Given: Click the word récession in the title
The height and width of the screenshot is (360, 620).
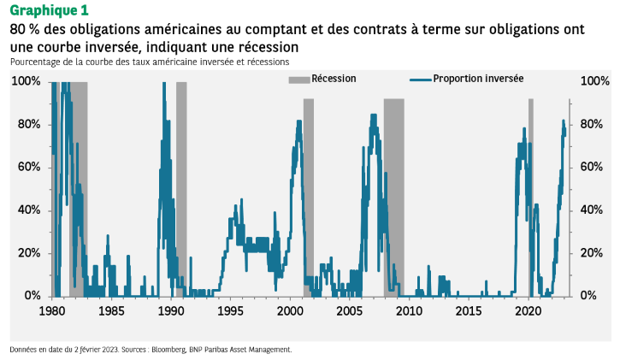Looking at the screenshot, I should click(x=269, y=45).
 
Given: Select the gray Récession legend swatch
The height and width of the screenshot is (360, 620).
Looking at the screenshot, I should click(x=298, y=80).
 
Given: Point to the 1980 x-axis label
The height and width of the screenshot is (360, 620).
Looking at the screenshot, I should click(x=52, y=311).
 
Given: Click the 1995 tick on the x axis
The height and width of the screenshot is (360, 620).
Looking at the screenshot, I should click(x=231, y=311).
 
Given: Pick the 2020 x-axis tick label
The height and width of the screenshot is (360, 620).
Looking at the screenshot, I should click(x=529, y=311).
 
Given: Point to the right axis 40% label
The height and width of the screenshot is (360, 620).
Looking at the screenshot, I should click(x=594, y=210).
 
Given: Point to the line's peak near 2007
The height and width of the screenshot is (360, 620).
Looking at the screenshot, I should click(x=373, y=115).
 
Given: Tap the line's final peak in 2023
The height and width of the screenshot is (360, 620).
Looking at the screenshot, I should click(x=564, y=121).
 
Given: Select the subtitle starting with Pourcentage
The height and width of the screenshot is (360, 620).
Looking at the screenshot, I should click(x=150, y=62).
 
